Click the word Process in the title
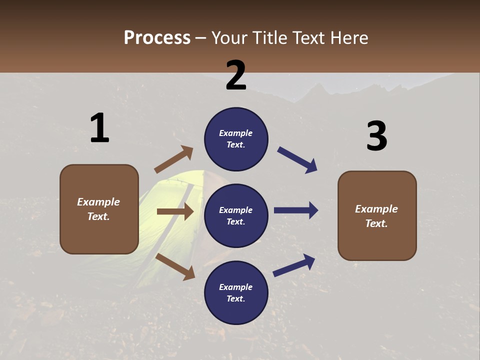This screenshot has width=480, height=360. click(x=157, y=37)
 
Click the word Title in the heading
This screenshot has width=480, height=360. click(x=270, y=37)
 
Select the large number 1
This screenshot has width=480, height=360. click(x=99, y=128)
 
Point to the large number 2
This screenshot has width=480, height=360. click(x=236, y=75)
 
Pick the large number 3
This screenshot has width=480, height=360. click(x=376, y=136)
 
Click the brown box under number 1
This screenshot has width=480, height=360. click(x=99, y=209)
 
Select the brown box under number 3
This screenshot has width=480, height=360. click(x=377, y=215)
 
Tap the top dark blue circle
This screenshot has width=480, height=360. click(x=236, y=139)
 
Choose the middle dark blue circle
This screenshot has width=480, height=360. click(x=236, y=215)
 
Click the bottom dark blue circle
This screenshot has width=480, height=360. click(x=236, y=292)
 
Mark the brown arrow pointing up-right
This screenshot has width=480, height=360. click(x=174, y=159)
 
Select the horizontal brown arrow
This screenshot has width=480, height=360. click(x=175, y=211)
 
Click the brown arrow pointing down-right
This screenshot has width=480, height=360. click(x=175, y=266)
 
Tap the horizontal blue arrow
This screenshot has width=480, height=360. click(x=296, y=210)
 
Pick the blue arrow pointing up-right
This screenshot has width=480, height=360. click(x=294, y=265)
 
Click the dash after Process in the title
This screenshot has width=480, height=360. click(x=201, y=38)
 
